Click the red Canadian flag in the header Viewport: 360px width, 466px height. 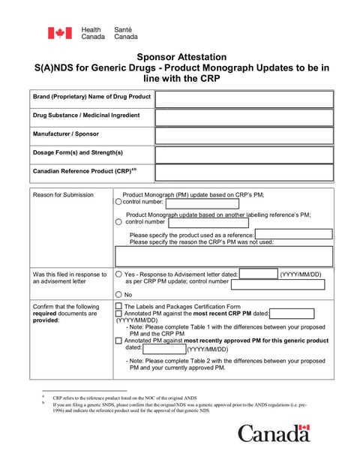[60, 33]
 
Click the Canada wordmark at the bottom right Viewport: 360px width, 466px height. [274, 434]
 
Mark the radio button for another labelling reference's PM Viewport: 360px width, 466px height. [118, 222]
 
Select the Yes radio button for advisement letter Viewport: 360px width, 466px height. [118, 275]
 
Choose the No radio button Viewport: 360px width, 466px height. [118, 295]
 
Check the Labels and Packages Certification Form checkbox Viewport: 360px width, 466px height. [118, 307]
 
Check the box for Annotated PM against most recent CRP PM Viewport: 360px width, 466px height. [118, 314]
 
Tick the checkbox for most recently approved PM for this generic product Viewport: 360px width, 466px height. [118, 341]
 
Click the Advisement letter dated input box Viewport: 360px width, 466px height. [258, 274]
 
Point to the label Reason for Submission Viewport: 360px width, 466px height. [63, 195]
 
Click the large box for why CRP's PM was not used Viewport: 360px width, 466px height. [223, 256]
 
